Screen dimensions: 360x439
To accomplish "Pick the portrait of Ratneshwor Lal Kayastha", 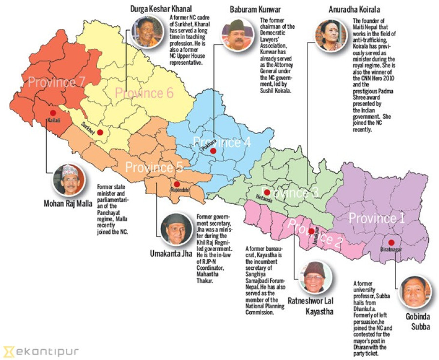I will pyautogui.click(x=315, y=277).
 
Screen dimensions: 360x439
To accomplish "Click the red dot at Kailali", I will pyautogui.click(x=53, y=113).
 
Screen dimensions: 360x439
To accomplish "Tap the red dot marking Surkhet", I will pyautogui.click(x=100, y=132).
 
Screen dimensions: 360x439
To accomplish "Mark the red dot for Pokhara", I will pyautogui.click(x=213, y=151).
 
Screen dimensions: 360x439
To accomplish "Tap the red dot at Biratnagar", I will pyautogui.click(x=391, y=242).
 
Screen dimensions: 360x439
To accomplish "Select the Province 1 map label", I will pyautogui.click(x=377, y=218).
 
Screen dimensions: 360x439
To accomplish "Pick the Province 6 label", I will pyautogui.click(x=144, y=92).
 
